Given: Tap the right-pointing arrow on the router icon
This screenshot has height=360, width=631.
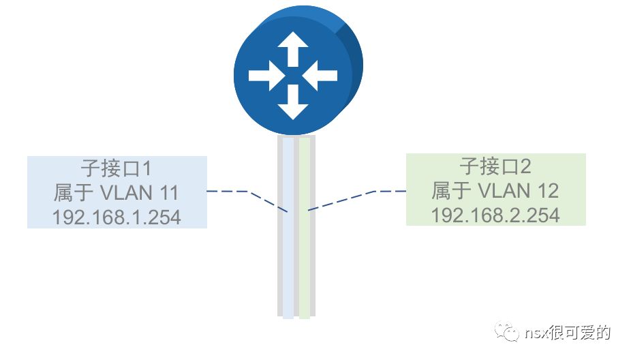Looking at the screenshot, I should click(266, 75).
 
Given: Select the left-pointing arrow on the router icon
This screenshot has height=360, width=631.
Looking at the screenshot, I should click(320, 75).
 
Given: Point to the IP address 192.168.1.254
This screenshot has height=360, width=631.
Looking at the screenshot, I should click(117, 217).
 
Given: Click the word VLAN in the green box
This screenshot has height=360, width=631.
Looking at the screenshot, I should click(506, 190).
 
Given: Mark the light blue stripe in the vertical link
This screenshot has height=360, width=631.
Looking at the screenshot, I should click(289, 259).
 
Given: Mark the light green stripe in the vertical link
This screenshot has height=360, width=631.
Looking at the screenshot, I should click(304, 259).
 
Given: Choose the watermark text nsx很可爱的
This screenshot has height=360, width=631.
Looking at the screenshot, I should click(568, 333).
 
